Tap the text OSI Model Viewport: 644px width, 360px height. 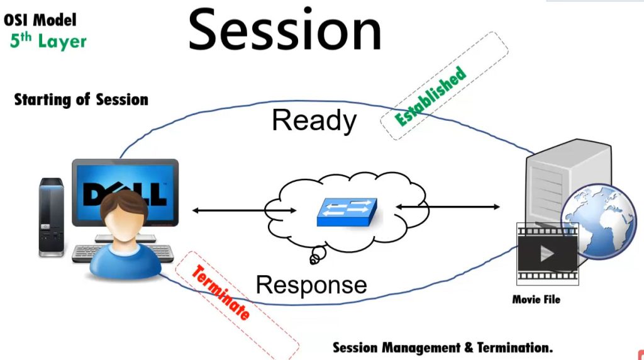coord(40,20)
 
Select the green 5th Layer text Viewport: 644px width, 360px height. coord(48,42)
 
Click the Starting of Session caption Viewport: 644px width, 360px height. coord(81,99)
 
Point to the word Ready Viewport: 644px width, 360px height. coord(314,120)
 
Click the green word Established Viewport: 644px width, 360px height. coord(431,95)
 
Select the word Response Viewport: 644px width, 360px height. coord(311,284)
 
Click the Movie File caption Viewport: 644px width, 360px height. coord(536,300)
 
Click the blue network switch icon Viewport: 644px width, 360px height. coord(347,213)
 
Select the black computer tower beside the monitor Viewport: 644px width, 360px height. coord(51,217)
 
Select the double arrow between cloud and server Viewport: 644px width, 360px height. coord(447,206)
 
